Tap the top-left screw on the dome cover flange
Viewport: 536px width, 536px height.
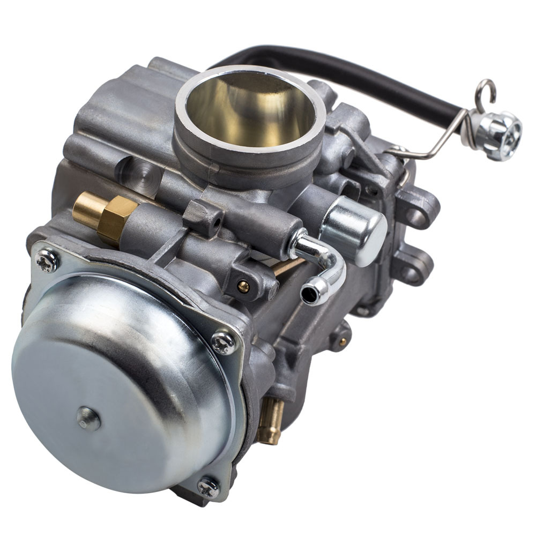click(x=47, y=260)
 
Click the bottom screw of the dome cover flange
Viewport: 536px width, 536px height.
click(x=209, y=487)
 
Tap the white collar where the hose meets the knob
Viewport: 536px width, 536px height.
click(x=470, y=125)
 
